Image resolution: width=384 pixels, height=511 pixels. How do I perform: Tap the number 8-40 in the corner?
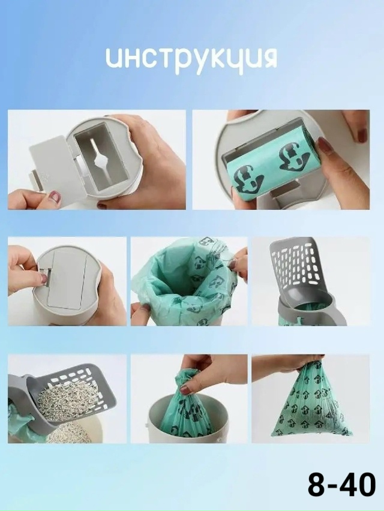click(x=341, y=485)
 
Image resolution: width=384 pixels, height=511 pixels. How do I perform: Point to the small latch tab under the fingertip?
click(x=46, y=277)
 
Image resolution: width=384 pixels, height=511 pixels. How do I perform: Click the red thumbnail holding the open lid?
click(x=55, y=197)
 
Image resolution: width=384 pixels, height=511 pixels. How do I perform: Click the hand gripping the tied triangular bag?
click(x=287, y=363)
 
